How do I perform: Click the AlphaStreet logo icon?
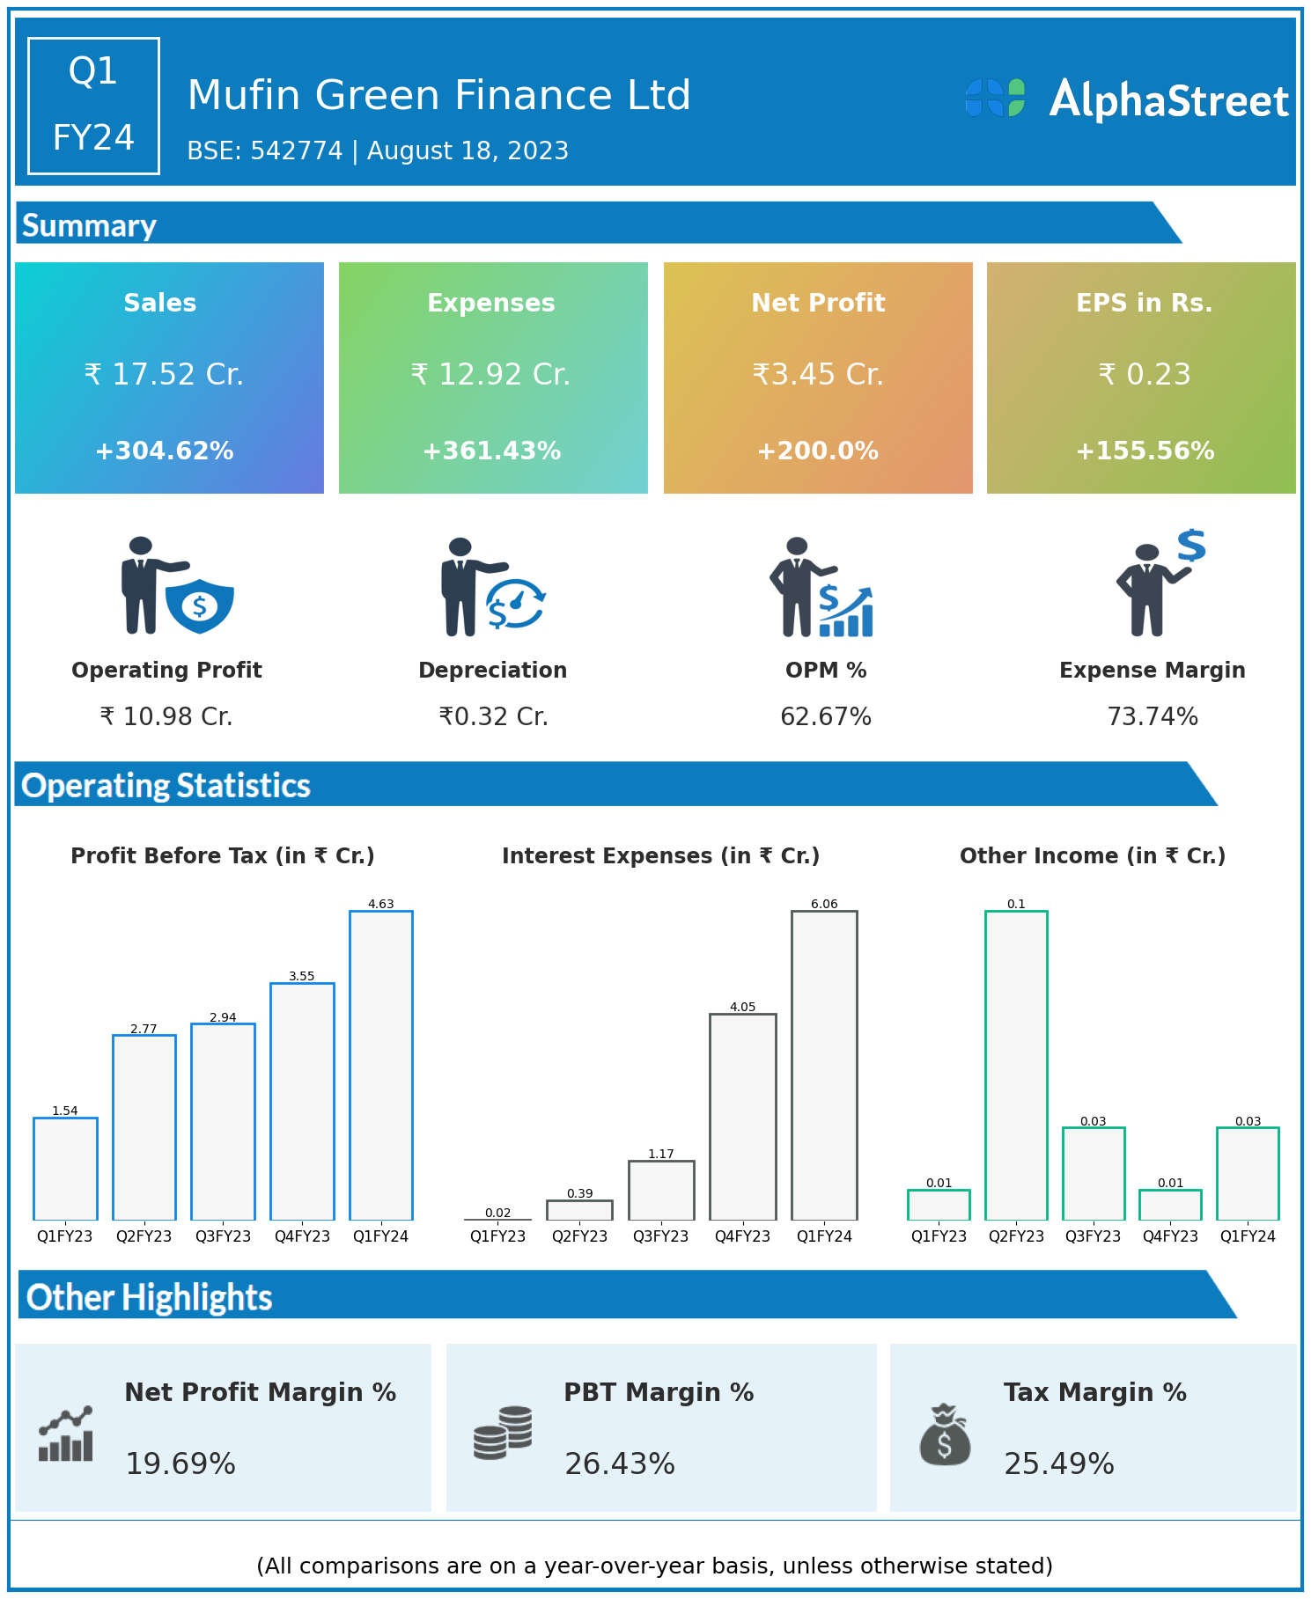coord(995,98)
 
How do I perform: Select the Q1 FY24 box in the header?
coord(93,106)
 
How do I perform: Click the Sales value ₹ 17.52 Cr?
coord(164,375)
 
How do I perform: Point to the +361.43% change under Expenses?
coord(491,451)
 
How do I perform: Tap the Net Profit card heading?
coord(818,303)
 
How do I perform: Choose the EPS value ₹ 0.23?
coord(1145,375)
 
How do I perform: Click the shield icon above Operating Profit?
coord(200,605)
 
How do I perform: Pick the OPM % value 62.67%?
coord(826,717)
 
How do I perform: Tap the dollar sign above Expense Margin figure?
coord(1191,546)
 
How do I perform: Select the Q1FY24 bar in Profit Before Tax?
coord(381,1065)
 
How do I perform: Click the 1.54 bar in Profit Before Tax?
coord(65,1169)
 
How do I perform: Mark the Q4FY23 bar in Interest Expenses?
coord(743,1117)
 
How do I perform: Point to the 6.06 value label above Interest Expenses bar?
coord(824,904)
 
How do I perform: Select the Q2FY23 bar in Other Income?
coord(1016,1065)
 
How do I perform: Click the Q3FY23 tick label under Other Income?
coord(1093,1236)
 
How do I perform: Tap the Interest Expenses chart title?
coord(660,856)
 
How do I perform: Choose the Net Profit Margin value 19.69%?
coord(180,1463)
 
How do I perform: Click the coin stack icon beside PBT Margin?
coord(503,1433)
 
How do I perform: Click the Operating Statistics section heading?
coord(166,785)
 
